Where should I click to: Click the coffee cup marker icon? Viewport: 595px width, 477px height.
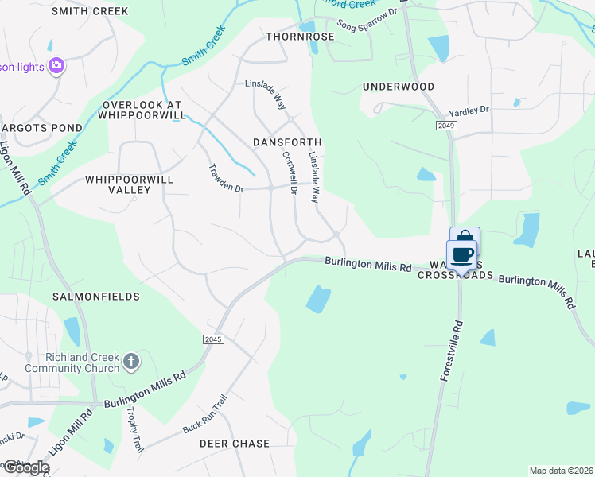point(462,255)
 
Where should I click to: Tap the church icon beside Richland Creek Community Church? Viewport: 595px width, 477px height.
point(132,363)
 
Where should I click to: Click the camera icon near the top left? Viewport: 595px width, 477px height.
point(56,66)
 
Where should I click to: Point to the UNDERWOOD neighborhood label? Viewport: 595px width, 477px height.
point(399,86)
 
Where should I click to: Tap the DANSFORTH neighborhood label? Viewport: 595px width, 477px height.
point(286,142)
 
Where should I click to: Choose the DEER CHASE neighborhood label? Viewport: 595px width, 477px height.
point(235,443)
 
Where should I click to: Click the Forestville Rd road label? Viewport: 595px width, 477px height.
point(451,351)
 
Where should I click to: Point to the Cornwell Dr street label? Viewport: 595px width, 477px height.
point(289,174)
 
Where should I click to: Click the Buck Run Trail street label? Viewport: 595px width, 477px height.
point(205,413)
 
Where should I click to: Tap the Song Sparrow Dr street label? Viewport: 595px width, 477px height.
point(367,20)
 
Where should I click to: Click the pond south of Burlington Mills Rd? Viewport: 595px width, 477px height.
point(318,299)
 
